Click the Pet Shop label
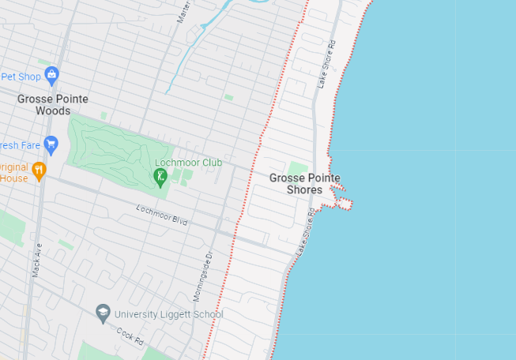tap(21, 77)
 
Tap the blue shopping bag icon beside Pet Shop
tap(52, 75)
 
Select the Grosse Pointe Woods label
tap(53, 105)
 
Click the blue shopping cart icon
tap(51, 144)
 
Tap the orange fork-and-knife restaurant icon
tap(39, 169)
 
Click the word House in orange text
tap(14, 178)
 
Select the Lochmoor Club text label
tap(188, 163)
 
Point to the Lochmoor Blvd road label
tap(162, 215)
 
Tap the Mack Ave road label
tap(36, 260)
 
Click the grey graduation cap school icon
tap(103, 313)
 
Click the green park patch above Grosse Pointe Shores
tap(297, 167)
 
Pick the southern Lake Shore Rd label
tap(306, 231)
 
